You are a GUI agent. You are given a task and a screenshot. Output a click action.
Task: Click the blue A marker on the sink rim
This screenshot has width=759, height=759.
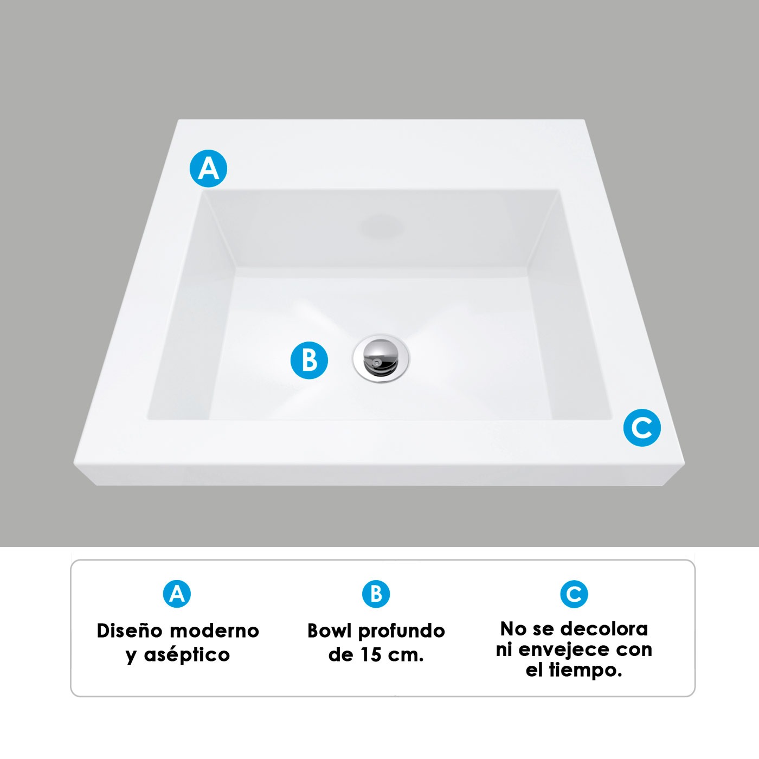coord(208,169)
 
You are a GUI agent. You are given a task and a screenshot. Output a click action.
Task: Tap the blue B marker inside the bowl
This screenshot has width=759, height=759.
coord(309,360)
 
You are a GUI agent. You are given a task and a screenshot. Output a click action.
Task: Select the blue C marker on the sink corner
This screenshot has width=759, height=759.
coord(642,428)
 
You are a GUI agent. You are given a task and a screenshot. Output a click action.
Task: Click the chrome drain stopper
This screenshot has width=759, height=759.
coord(381,357)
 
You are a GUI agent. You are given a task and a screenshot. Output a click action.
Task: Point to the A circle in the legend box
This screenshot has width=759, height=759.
coord(177,594)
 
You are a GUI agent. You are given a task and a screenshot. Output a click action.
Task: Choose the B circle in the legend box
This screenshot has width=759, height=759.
coord(376,594)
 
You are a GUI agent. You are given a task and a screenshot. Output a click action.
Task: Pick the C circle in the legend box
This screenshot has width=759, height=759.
coord(574,594)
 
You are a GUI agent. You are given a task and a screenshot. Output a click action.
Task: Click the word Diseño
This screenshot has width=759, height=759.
coord(129,631)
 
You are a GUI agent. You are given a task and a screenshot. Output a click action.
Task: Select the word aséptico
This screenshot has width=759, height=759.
coord(186,655)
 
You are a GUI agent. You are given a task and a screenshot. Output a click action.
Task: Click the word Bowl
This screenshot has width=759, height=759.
coord(329,631)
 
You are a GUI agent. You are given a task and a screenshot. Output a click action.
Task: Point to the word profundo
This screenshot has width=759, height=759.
coord(402,632)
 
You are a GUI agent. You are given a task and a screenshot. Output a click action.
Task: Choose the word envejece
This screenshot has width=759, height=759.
coord(563,649)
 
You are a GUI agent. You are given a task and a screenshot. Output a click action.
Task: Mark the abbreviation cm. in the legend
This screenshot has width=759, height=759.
coord(406,655)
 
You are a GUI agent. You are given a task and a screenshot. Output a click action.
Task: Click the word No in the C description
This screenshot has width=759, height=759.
coord(512,629)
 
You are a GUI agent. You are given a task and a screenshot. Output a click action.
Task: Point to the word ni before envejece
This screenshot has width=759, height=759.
coord(504,649)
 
